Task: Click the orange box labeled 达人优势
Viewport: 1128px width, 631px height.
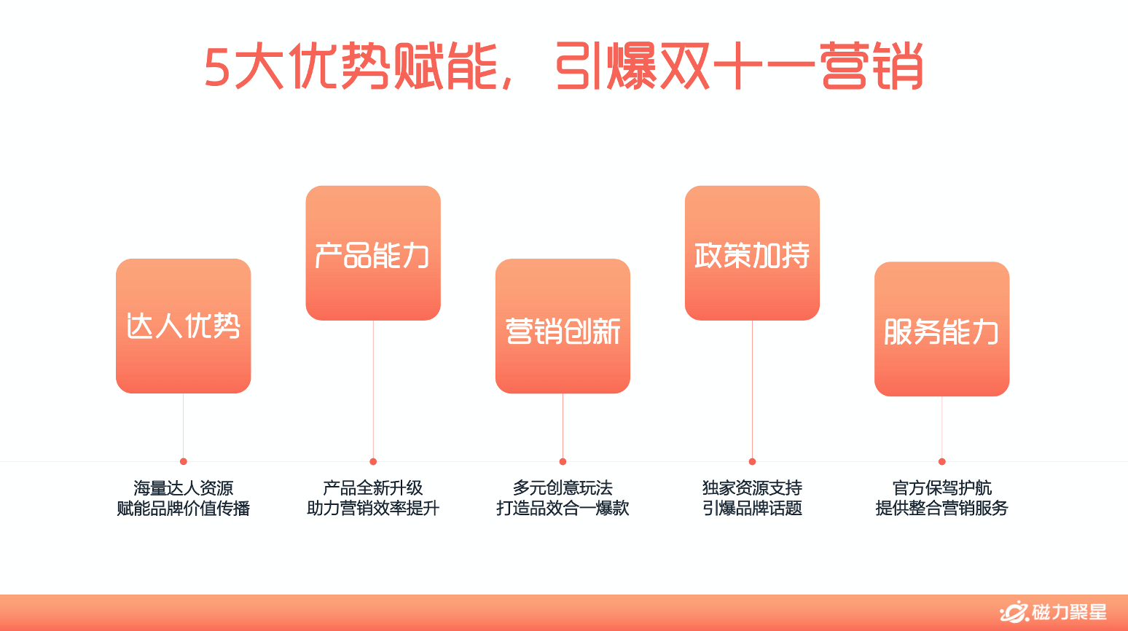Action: (183, 326)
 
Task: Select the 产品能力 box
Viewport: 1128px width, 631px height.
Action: (373, 253)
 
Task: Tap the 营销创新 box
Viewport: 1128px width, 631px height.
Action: (563, 326)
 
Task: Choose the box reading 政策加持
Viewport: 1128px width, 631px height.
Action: (752, 253)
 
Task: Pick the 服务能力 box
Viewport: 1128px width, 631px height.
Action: (941, 329)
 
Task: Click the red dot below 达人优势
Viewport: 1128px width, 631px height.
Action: (184, 461)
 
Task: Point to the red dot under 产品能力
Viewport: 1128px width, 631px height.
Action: (373, 461)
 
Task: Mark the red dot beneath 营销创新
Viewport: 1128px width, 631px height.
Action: (563, 461)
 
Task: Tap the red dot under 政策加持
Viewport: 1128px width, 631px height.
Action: (752, 461)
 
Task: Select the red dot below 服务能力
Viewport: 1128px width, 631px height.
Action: (941, 461)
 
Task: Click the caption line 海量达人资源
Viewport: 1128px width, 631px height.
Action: (184, 487)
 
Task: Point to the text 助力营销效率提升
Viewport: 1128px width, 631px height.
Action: (373, 508)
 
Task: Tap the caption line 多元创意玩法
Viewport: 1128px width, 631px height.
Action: (563, 487)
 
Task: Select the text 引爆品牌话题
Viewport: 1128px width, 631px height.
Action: (752, 508)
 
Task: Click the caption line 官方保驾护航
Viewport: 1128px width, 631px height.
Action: (941, 487)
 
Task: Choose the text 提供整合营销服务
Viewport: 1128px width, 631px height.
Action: (941, 508)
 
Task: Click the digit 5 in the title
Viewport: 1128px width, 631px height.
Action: (217, 68)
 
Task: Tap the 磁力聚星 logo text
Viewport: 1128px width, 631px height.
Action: (1069, 613)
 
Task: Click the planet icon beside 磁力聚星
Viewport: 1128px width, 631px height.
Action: (1014, 613)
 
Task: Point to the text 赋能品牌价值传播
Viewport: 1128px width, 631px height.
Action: (184, 508)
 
